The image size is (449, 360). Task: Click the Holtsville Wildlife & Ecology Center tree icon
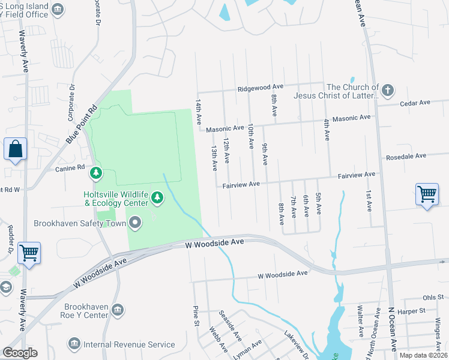(157, 197)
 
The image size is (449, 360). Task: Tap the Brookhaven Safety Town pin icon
(136, 223)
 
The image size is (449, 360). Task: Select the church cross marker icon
(388, 91)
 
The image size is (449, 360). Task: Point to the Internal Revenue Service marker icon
(74, 344)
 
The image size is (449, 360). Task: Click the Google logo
(20, 353)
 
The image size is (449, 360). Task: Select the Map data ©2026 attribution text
(423, 355)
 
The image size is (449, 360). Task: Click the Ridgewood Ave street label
(260, 87)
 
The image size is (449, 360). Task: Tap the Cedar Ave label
(415, 103)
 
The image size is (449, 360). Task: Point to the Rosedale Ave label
(406, 155)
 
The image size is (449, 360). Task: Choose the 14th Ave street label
(197, 112)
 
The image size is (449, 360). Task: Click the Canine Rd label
(70, 169)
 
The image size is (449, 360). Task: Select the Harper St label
(423, 311)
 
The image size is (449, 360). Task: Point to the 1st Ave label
(369, 202)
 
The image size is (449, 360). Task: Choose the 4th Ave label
(326, 130)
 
